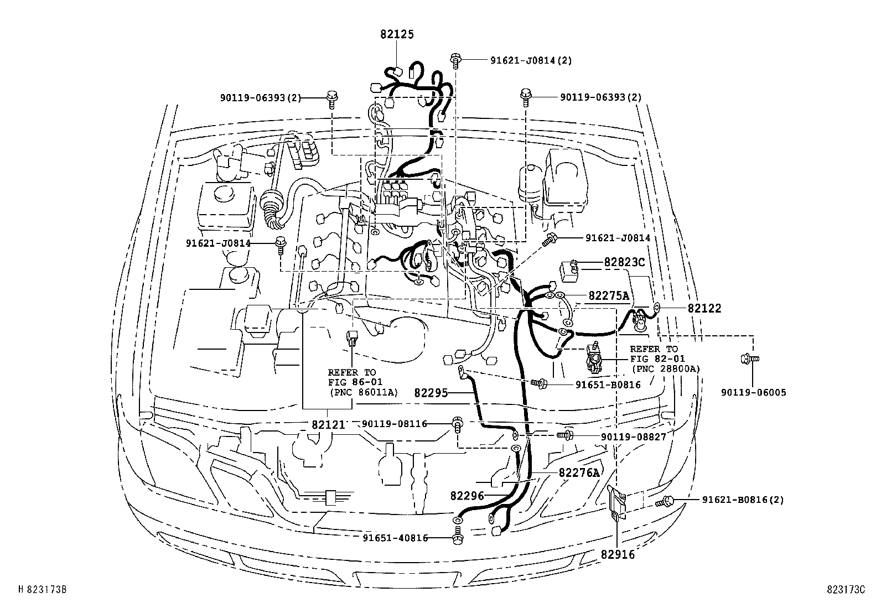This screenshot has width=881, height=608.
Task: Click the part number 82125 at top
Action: tap(397, 34)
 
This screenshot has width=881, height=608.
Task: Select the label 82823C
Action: tap(624, 262)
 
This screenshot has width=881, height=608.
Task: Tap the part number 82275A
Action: tap(609, 296)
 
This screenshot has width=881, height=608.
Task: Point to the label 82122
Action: tap(704, 309)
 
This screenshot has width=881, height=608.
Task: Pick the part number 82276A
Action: tap(579, 472)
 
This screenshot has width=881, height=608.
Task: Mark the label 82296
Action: tap(467, 496)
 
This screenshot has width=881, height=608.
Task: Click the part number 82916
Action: tap(618, 554)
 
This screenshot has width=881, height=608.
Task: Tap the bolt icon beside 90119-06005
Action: tap(745, 360)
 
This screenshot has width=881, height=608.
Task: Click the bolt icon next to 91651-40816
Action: tap(458, 538)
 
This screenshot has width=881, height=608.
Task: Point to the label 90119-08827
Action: tap(633, 436)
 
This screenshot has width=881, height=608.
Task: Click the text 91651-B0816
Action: tap(608, 384)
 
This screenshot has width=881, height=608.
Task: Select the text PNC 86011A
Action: tap(364, 392)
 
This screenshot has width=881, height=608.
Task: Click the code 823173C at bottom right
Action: tap(846, 590)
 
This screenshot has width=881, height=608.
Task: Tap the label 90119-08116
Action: tap(395, 424)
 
